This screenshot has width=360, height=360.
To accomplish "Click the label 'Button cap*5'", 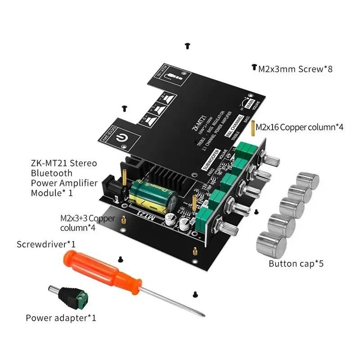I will point(296,263).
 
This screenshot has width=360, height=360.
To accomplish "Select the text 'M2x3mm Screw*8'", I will point(295,69).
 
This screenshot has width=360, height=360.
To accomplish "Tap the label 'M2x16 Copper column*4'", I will point(300,127).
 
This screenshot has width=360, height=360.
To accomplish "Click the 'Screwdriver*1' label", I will point(46,245).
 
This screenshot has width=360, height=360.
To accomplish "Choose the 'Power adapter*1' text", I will point(61,318).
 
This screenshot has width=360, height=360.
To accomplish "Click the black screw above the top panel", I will point(187,46).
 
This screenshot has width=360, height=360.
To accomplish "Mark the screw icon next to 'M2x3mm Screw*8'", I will point(254,68).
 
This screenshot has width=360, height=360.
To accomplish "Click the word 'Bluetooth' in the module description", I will point(51,173).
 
